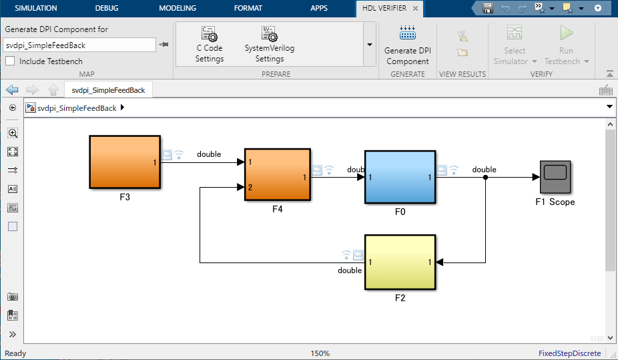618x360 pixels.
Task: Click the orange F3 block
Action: pyautogui.click(x=125, y=162)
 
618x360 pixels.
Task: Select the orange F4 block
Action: pyautogui.click(x=278, y=175)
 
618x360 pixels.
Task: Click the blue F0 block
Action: pyautogui.click(x=400, y=177)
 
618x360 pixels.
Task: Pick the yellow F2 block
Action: pyautogui.click(x=400, y=262)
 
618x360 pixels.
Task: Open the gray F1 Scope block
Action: pyautogui.click(x=555, y=177)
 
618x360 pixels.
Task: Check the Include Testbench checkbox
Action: pyautogui.click(x=10, y=61)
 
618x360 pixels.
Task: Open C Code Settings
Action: pyautogui.click(x=210, y=45)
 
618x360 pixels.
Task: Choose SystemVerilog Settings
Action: pyautogui.click(x=270, y=45)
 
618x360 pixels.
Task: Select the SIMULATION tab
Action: pyautogui.click(x=36, y=8)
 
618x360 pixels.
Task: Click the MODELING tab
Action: pyautogui.click(x=178, y=8)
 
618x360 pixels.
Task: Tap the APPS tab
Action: pyautogui.click(x=319, y=8)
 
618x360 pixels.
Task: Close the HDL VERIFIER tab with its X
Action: pyautogui.click(x=415, y=8)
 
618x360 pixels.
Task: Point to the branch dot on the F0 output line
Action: pyautogui.click(x=486, y=178)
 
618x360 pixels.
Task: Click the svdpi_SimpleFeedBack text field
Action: pyautogui.click(x=79, y=45)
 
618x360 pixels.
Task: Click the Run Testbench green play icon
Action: pyautogui.click(x=567, y=33)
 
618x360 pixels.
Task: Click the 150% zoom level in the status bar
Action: pyautogui.click(x=320, y=353)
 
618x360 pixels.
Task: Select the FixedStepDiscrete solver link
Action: pyautogui.click(x=569, y=353)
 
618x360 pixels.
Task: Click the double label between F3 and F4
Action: pyautogui.click(x=209, y=154)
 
